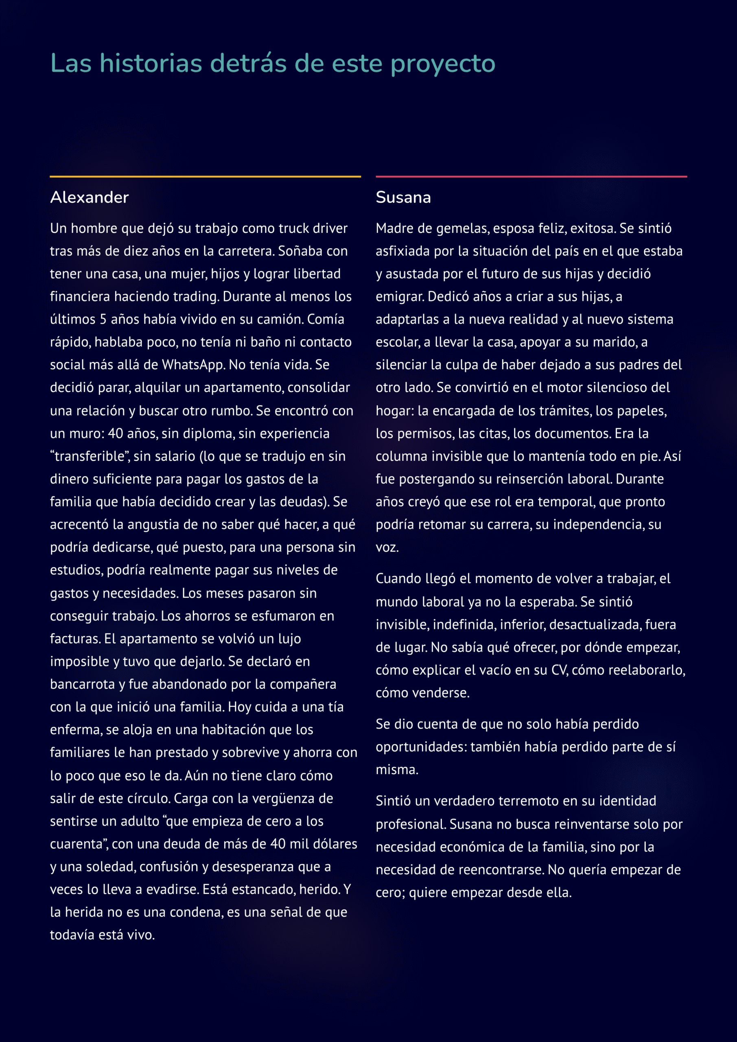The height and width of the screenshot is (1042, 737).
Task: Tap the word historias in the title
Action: coord(151,63)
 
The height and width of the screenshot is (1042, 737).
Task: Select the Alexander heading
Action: coord(90,197)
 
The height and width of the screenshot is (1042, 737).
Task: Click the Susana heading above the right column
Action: coord(403,197)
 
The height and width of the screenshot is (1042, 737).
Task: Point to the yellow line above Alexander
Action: coord(205,176)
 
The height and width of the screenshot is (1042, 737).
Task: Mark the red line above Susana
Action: coord(531,176)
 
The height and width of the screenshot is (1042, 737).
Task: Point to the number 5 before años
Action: coord(103,320)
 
